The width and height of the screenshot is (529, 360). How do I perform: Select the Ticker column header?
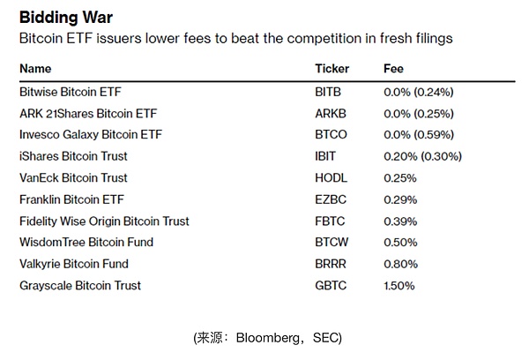pos(332,68)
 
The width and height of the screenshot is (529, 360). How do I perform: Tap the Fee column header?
pos(393,68)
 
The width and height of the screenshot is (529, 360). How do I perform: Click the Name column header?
pos(35,68)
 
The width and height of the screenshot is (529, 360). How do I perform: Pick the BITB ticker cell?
pos(328,92)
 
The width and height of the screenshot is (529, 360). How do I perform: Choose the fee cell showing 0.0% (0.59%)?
pos(423,135)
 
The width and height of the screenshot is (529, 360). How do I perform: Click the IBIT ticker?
pos(325,156)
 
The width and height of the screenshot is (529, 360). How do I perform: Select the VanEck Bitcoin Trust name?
pos(73,178)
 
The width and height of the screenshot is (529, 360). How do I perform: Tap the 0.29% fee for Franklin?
pos(399,199)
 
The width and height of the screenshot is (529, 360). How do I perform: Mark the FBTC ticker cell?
pos(329,221)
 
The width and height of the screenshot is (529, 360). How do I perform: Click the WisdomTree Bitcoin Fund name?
pos(86,243)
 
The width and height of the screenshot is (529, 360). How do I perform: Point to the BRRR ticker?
pos(330,264)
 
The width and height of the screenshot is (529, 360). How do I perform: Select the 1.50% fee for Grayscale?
pos(399,285)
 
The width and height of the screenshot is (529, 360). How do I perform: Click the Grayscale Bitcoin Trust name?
pos(80,285)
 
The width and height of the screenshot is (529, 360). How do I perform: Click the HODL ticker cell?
pos(330,178)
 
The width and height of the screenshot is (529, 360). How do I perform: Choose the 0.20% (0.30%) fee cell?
pos(423,156)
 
